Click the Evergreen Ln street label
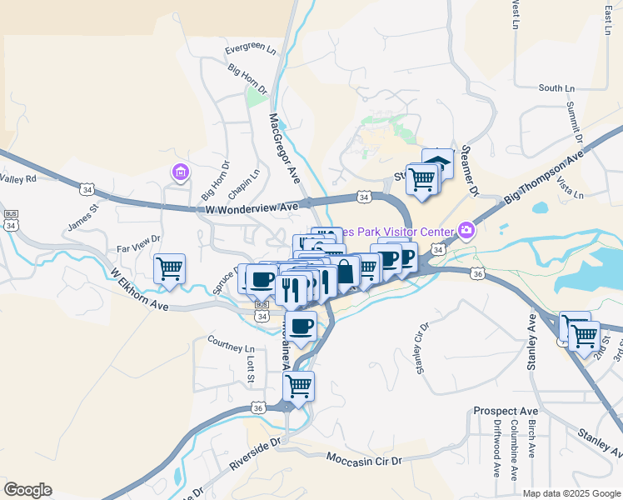[x=251, y=50]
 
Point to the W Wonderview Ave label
[x=252, y=207]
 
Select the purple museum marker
[x=179, y=172]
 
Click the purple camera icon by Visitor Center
[x=466, y=229]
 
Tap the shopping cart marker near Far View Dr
[x=169, y=269]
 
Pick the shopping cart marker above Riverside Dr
[x=298, y=386]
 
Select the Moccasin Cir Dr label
[x=364, y=460]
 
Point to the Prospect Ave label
[x=506, y=412]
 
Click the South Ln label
[x=556, y=87]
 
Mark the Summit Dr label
[x=573, y=119]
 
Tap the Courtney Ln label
[x=231, y=343]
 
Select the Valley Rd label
[x=18, y=178]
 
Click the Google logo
[x=27, y=490]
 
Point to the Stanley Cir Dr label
[x=421, y=347]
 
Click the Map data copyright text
[x=570, y=493]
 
